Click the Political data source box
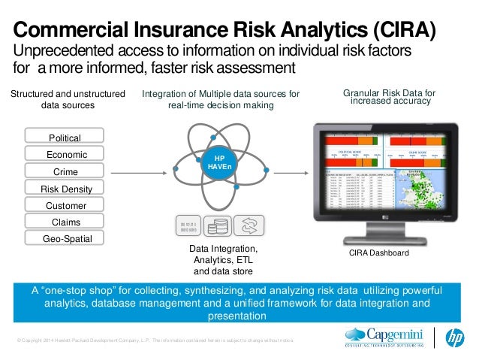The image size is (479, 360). [x=65, y=138]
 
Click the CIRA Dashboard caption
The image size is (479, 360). [x=379, y=254]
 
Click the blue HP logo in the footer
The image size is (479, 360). [x=455, y=337]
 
